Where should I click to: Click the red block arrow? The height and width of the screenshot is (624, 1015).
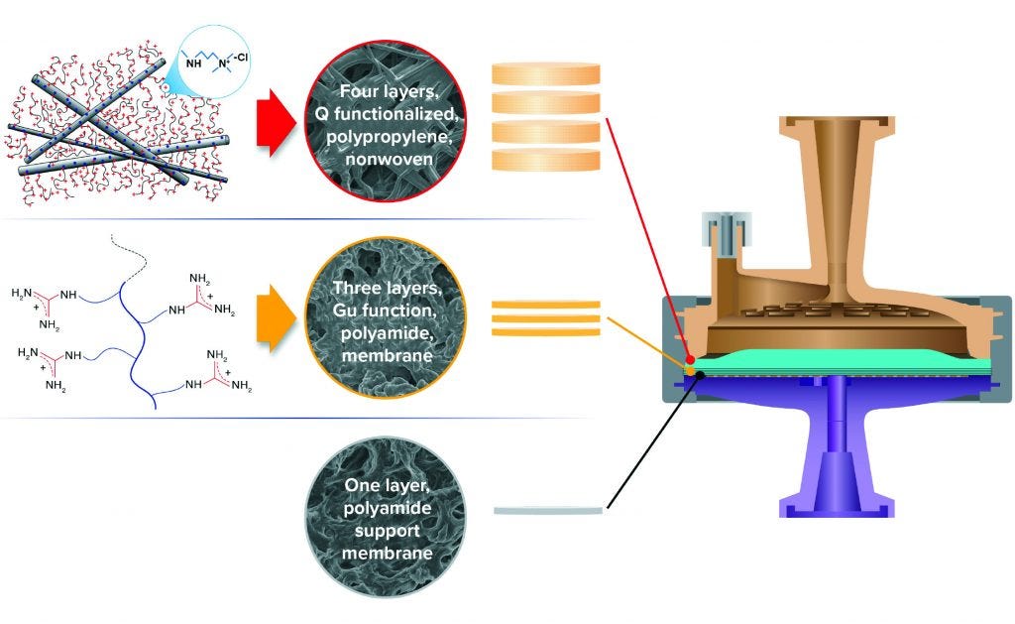[276, 123]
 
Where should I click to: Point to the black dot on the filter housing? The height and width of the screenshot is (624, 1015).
[701, 373]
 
